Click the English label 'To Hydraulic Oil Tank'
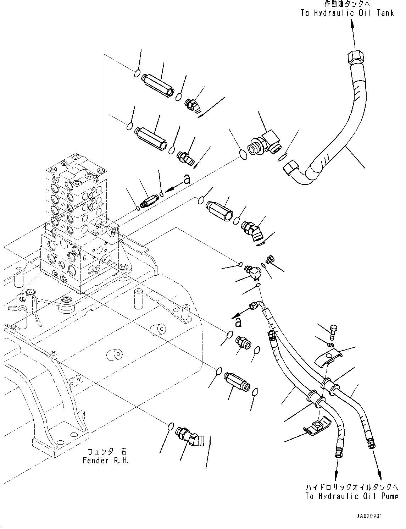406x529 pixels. point(347,13)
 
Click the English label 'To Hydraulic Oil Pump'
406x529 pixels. point(352,496)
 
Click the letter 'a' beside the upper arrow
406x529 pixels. point(187,180)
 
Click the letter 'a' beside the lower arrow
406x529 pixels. point(238,322)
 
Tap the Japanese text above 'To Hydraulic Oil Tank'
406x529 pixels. point(348,4)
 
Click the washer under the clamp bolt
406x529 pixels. point(330,345)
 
